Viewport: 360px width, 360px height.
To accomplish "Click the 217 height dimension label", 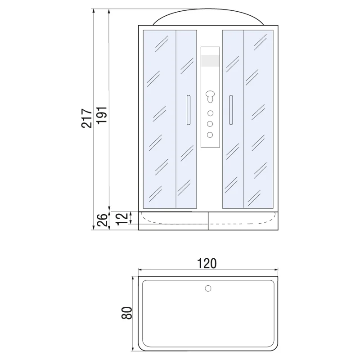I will coord(89,118).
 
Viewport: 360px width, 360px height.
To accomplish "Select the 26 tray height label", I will coord(102,220).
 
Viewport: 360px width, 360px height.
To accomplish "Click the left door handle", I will coord(188,109).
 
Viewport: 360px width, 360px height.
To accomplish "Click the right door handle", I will coord(230,109).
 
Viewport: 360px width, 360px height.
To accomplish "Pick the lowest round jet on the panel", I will coord(210,135).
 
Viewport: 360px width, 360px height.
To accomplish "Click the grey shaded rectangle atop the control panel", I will coord(210,60).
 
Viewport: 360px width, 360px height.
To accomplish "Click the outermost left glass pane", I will coord(159,119).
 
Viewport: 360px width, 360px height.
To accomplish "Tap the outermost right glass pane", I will coord(259,119).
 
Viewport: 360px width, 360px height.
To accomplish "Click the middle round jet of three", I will coord(210,124).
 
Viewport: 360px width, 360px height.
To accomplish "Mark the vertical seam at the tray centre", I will coord(208,220).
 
